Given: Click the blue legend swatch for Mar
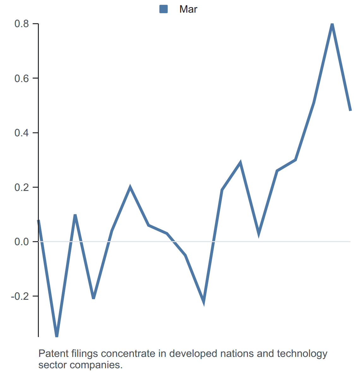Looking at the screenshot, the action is pyautogui.click(x=163, y=9).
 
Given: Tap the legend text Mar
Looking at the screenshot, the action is pyautogui.click(x=188, y=9).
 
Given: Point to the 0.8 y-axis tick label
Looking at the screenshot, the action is pyautogui.click(x=22, y=24).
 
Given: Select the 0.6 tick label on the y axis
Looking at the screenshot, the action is pyautogui.click(x=22, y=78).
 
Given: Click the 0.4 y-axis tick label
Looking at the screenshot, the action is pyautogui.click(x=22, y=133).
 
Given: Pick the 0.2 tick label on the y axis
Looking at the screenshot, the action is pyautogui.click(x=22, y=187).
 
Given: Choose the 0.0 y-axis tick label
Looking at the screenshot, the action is pyautogui.click(x=22, y=242).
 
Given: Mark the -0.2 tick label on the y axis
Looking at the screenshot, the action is pyautogui.click(x=20, y=296).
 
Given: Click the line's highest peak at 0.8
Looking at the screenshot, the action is pyautogui.click(x=332, y=24).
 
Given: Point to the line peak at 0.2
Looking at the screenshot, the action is pyautogui.click(x=130, y=187).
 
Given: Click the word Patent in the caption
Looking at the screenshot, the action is pyautogui.click(x=53, y=353).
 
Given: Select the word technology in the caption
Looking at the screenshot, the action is pyautogui.click(x=302, y=354).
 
